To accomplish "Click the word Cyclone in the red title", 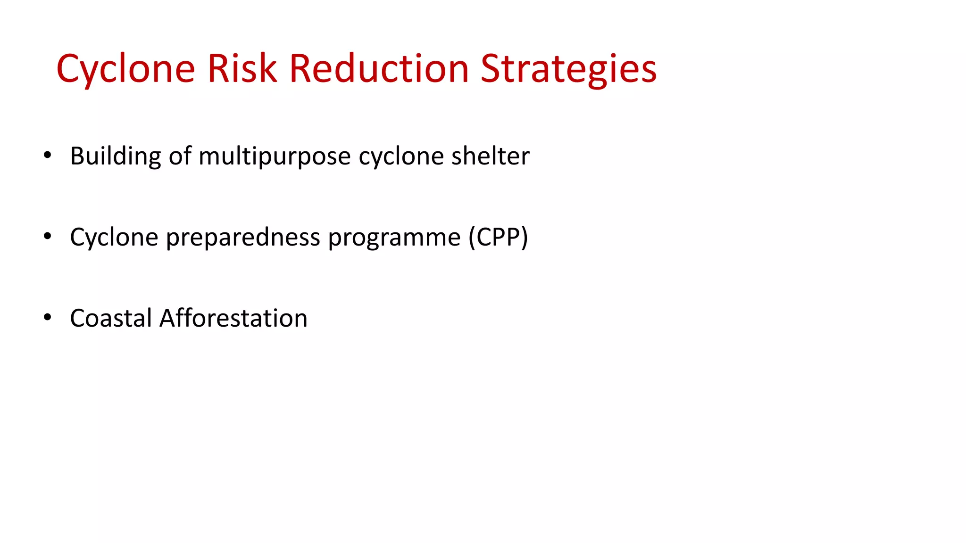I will tap(125, 69).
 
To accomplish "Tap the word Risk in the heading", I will tap(241, 69).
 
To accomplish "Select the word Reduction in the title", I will tap(379, 69).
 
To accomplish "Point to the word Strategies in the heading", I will tap(568, 69).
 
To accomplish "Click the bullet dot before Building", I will tap(47, 155).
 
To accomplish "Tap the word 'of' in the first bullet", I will tap(180, 156).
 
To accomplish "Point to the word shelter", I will tap(490, 156).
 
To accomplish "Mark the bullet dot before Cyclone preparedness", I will tap(47, 236).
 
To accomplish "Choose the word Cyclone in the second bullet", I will tap(114, 237).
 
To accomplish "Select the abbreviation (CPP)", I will tap(498, 237).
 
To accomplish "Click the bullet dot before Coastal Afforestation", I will tap(47, 317).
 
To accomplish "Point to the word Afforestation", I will tap(233, 318).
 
